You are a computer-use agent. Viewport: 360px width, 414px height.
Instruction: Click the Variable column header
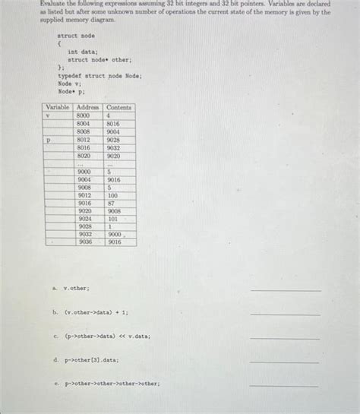(58, 107)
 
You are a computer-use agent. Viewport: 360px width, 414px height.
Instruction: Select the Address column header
(89, 107)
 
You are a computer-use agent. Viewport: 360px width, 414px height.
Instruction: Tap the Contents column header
(120, 107)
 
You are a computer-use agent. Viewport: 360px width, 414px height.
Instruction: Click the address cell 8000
(84, 115)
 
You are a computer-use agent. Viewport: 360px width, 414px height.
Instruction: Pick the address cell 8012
(84, 140)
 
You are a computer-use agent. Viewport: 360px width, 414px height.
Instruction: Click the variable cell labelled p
(48, 141)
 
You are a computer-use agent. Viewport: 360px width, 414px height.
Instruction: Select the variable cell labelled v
(48, 115)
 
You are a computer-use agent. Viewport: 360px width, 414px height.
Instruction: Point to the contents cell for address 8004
(113, 124)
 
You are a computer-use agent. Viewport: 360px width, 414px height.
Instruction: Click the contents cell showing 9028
(113, 140)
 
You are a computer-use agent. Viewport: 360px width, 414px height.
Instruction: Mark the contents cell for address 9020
(113, 211)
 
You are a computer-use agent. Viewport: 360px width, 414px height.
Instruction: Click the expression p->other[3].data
(90, 360)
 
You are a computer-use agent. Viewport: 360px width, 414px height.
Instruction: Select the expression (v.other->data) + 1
(96, 312)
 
